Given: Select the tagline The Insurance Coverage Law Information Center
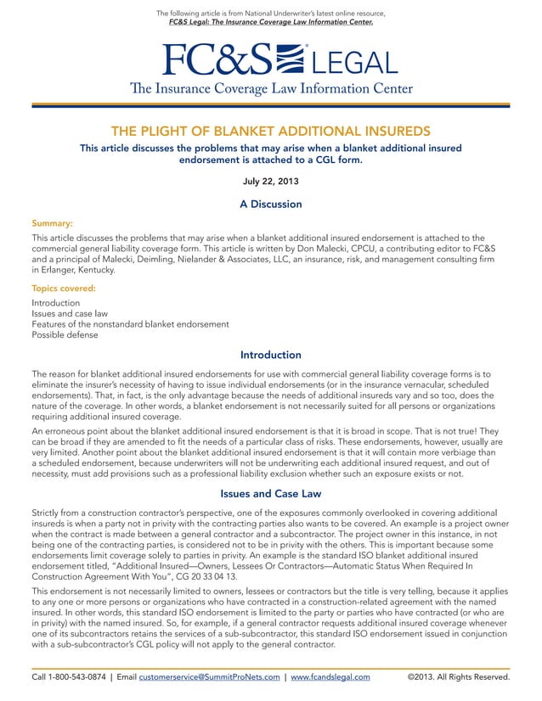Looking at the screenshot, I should click(x=271, y=89).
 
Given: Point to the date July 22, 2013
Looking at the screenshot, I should click(x=271, y=181).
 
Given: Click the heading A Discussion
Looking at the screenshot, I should click(x=271, y=204).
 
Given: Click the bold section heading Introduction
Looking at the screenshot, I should click(x=271, y=355).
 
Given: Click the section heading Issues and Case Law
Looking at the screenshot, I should click(x=271, y=493).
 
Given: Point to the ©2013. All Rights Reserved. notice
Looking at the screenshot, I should click(x=458, y=677).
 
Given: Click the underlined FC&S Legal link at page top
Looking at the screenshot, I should click(x=271, y=22).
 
